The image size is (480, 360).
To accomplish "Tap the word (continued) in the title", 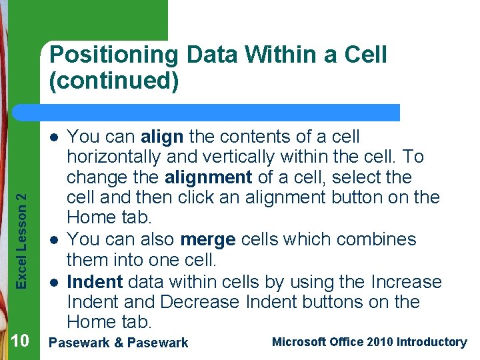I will coord(114,81).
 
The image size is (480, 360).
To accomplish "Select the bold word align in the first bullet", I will coord(162,137).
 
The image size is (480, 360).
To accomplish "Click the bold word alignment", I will coord(208,178).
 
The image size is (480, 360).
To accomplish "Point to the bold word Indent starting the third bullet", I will coord(95,281).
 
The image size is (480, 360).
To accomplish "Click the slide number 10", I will coord(20,342).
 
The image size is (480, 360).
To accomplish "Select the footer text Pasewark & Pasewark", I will coord(119,343).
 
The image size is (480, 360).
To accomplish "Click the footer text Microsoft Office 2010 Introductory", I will coord(369,342).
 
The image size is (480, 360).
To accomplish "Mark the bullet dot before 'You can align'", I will coord(54,137).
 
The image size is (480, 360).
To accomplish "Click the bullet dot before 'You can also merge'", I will coord(54,239).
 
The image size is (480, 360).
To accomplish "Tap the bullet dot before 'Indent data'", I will coord(54,281).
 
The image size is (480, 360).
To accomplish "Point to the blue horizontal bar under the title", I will coord(220,112).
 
